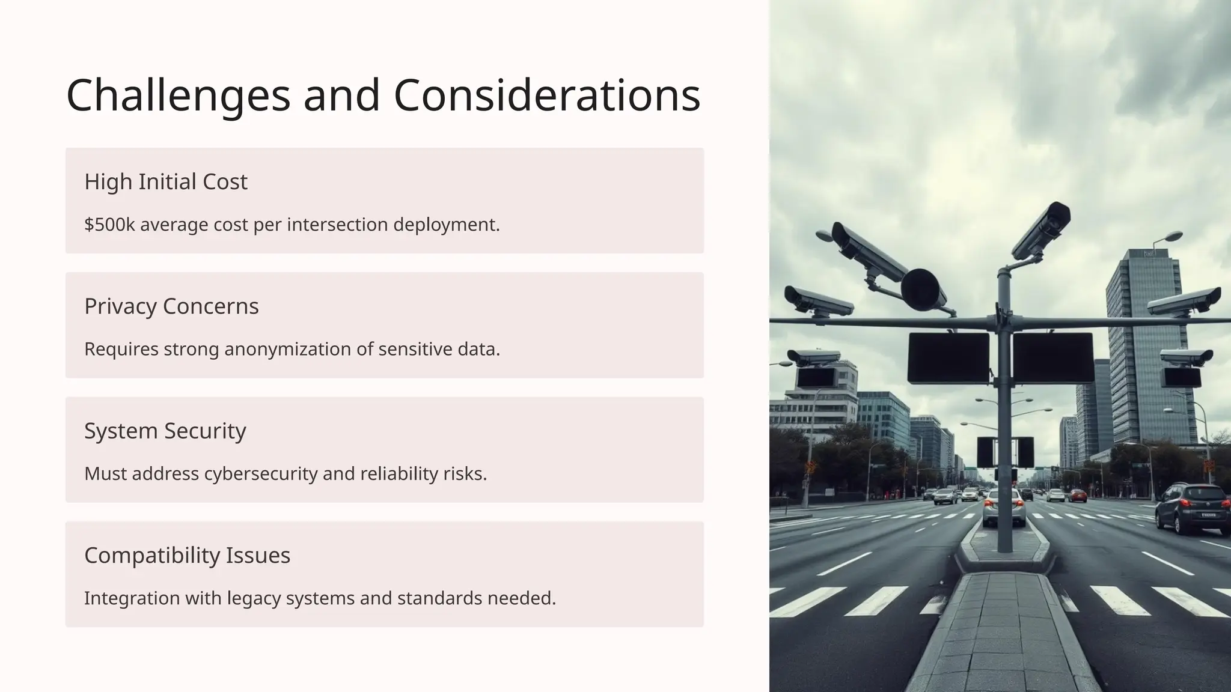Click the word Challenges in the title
click(x=178, y=96)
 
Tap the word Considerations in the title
click(x=547, y=96)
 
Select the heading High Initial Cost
click(x=166, y=181)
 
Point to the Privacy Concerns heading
click(x=171, y=306)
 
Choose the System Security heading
click(x=165, y=431)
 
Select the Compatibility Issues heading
click(x=187, y=556)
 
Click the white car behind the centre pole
click(x=1004, y=507)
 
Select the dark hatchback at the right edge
click(x=1192, y=508)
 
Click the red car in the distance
click(x=1078, y=495)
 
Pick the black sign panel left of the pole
click(x=948, y=358)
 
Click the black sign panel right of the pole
click(x=1053, y=358)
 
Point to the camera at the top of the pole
click(x=1043, y=228)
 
